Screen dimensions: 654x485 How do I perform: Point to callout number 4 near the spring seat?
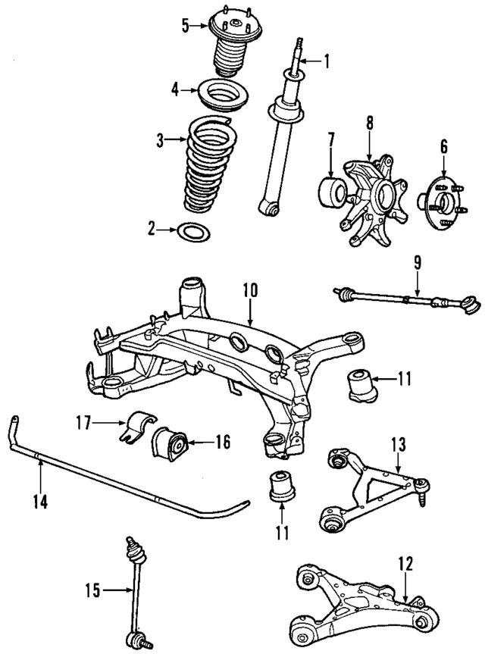coord(175,89)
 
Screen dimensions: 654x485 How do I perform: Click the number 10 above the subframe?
coord(251,289)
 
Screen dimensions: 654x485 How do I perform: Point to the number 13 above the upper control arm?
coord(399,444)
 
